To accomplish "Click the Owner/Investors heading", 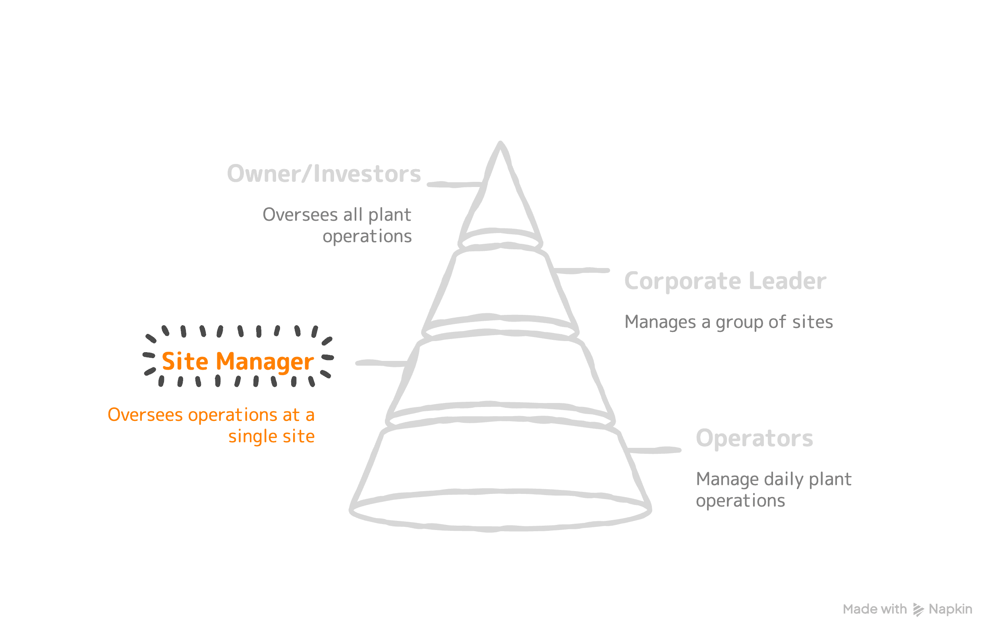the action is pos(324,174).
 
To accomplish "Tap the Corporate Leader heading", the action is pos(725,281).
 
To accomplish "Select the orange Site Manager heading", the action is pos(238,361).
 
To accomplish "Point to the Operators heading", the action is pos(754,438).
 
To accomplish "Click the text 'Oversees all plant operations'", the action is pos(337,226).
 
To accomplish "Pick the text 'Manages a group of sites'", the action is pos(728,322).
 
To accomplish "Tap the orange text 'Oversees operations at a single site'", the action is pos(211,426).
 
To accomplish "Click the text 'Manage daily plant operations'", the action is pos(773,490).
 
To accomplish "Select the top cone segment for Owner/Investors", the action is pos(500,200).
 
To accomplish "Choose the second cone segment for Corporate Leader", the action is pos(500,287).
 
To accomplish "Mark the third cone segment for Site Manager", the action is pos(500,371).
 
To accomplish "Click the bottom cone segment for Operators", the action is pos(500,459).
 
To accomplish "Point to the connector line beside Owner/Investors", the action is pos(454,184).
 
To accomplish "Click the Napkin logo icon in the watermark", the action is pos(918,609).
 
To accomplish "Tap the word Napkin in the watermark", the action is pos(951,609).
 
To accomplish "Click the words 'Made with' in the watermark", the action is pos(875,609).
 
